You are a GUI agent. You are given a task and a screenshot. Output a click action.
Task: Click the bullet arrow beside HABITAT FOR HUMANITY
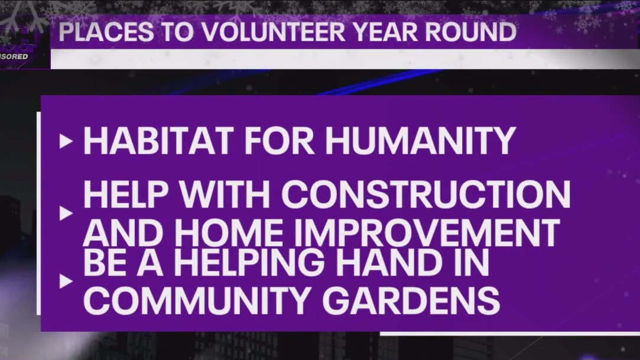[66, 142]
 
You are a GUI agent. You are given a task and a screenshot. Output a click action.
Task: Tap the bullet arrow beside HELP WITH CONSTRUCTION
[66, 213]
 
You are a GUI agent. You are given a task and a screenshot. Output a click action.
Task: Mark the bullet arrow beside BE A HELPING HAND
[66, 282]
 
